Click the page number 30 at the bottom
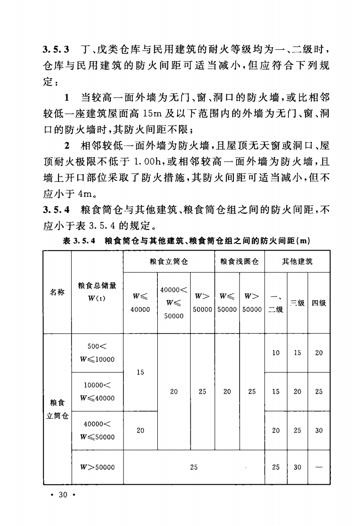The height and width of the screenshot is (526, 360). pyautogui.click(x=62, y=495)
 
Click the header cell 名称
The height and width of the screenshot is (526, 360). pyautogui.click(x=57, y=291)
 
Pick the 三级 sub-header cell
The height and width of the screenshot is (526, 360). pyautogui.click(x=298, y=303)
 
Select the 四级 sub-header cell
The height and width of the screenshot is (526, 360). pyautogui.click(x=319, y=303)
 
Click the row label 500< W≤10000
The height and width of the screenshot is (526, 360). pyautogui.click(x=97, y=352)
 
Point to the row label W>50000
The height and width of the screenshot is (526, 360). pyautogui.click(x=97, y=468)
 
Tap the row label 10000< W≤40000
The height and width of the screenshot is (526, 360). pyautogui.click(x=97, y=392)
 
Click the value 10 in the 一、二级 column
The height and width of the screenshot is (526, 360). pyautogui.click(x=276, y=353)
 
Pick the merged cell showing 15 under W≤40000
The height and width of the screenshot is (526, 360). pyautogui.click(x=140, y=372)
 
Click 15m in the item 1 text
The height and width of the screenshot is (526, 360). pyautogui.click(x=153, y=115)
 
